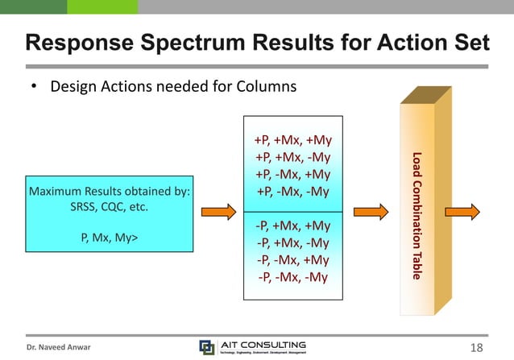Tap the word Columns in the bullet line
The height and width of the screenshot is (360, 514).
(268, 85)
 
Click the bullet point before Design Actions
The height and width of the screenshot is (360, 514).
(35, 86)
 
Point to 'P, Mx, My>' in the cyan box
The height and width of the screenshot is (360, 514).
(109, 238)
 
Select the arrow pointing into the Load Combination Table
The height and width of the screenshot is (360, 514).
(371, 212)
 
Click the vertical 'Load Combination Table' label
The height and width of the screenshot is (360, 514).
(417, 215)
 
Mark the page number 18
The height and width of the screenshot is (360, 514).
(476, 347)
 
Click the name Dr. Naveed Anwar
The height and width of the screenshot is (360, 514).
(57, 348)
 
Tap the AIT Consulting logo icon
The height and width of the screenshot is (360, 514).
(207, 347)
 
